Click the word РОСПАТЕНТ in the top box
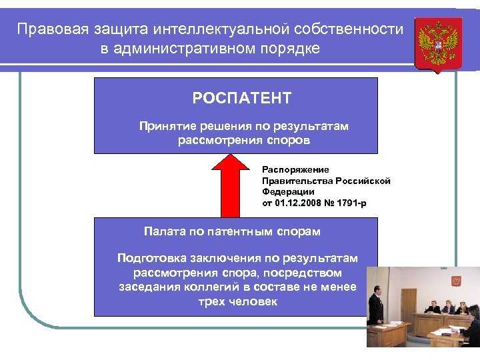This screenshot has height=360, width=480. click(x=242, y=99)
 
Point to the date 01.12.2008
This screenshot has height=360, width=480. click(x=294, y=202)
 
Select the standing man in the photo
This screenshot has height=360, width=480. click(x=377, y=308)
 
